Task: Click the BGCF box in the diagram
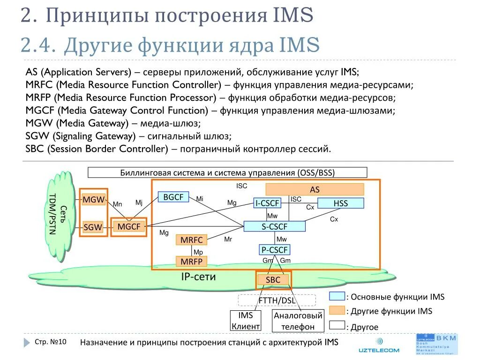pos(173,197)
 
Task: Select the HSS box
pos(340,203)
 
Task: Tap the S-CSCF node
pos(274,227)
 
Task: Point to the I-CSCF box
pos(267,203)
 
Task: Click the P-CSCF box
pos(274,250)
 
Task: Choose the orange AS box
pos(315,190)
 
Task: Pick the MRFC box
pos(191,240)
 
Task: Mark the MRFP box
pos(191,261)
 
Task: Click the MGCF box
pos(129,227)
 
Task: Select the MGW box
pos(93,200)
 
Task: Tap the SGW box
pos(93,227)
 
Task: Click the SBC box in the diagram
pos(273,280)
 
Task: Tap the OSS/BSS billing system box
pos(227,172)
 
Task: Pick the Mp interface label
pos(198,252)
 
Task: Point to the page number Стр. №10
pos(51,342)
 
